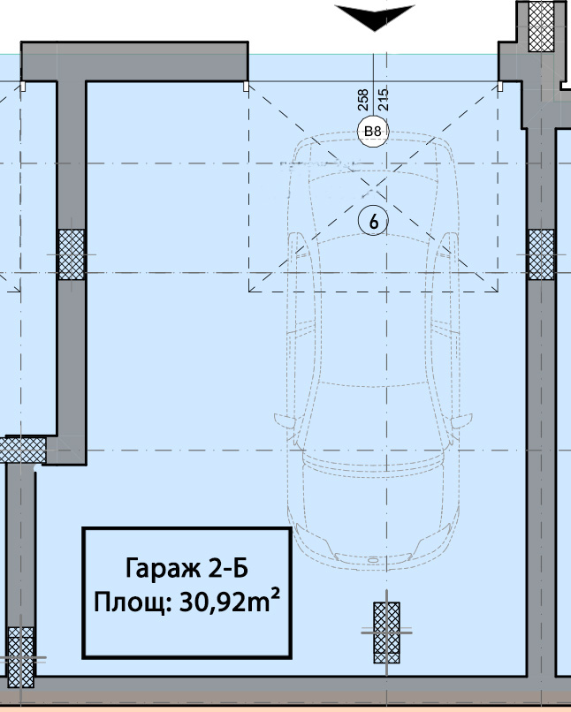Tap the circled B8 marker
point(373,132)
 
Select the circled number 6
point(373,221)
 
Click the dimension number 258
point(363,100)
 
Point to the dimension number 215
point(384,100)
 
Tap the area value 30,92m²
point(230,602)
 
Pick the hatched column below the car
point(386,632)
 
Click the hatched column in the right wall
point(542,254)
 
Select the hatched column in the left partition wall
point(72,254)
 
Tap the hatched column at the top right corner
point(542,27)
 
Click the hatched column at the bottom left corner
point(21,657)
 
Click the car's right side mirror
point(461,420)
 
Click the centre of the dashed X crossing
point(373,187)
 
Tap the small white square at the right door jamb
point(500,87)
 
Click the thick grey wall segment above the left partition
point(134,62)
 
